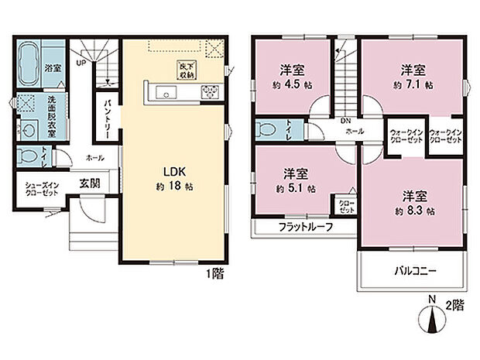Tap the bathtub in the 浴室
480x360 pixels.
(x=31, y=59)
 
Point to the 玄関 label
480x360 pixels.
(x=88, y=183)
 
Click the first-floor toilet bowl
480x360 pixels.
(x=29, y=156)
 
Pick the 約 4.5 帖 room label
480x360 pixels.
(x=292, y=75)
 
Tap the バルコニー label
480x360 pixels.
(x=410, y=273)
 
